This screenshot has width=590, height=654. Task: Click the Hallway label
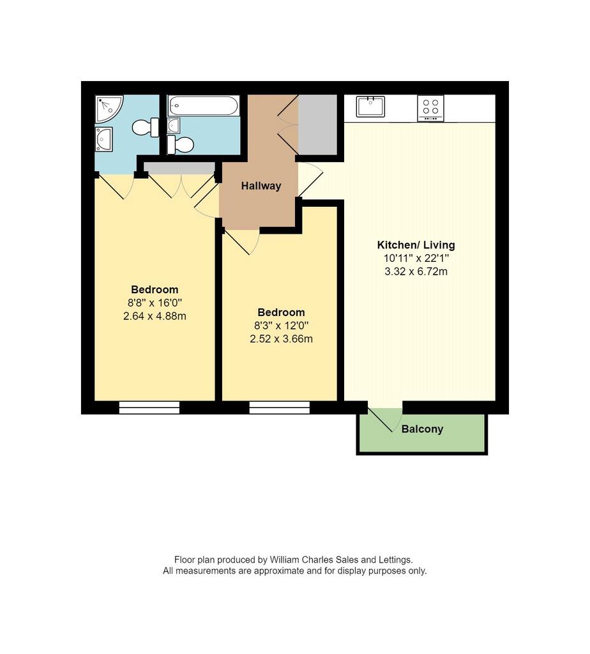click(261, 186)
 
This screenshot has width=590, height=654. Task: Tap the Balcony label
click(422, 429)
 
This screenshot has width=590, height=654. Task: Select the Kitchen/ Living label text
click(416, 245)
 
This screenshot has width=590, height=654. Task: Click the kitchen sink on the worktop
click(370, 107)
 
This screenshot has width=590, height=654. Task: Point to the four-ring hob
click(430, 107)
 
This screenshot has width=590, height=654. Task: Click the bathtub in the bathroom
click(204, 106)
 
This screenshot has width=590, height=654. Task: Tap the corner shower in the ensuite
click(109, 109)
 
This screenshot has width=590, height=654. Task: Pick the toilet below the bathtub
click(180, 145)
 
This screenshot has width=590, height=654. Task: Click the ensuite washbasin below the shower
click(104, 139)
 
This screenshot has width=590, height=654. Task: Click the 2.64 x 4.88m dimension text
click(155, 316)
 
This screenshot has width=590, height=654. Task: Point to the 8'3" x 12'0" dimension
click(281, 325)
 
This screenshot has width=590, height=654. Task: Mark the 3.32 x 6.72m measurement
click(416, 271)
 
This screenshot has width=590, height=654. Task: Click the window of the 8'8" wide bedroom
click(149, 407)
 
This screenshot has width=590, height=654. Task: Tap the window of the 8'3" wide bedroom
click(280, 407)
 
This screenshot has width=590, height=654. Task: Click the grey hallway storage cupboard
click(317, 125)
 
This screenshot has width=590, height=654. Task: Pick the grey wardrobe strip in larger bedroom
click(179, 168)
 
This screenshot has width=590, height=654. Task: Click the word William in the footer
click(284, 559)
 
